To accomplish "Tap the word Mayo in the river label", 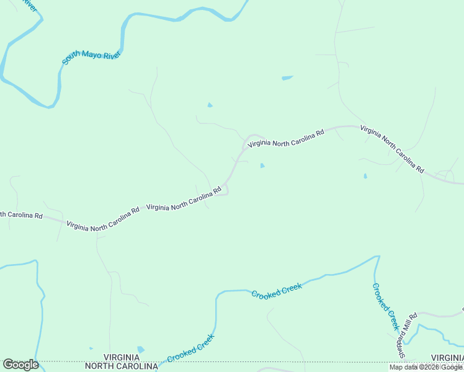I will coord(91,55).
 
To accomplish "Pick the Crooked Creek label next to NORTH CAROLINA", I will coord(190,348).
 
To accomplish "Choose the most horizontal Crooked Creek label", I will coord(277,290).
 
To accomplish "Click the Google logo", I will coord(20,365).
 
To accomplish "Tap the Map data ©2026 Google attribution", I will coord(426,367).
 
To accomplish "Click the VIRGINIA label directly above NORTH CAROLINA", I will coord(130,357).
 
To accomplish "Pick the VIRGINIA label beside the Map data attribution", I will coord(447,358).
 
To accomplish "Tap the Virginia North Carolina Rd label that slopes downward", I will coord(392,149).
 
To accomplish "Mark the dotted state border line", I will coord(248,361).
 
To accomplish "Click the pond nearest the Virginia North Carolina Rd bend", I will coord(262,166).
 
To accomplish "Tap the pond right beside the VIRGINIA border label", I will coord(140,350).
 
